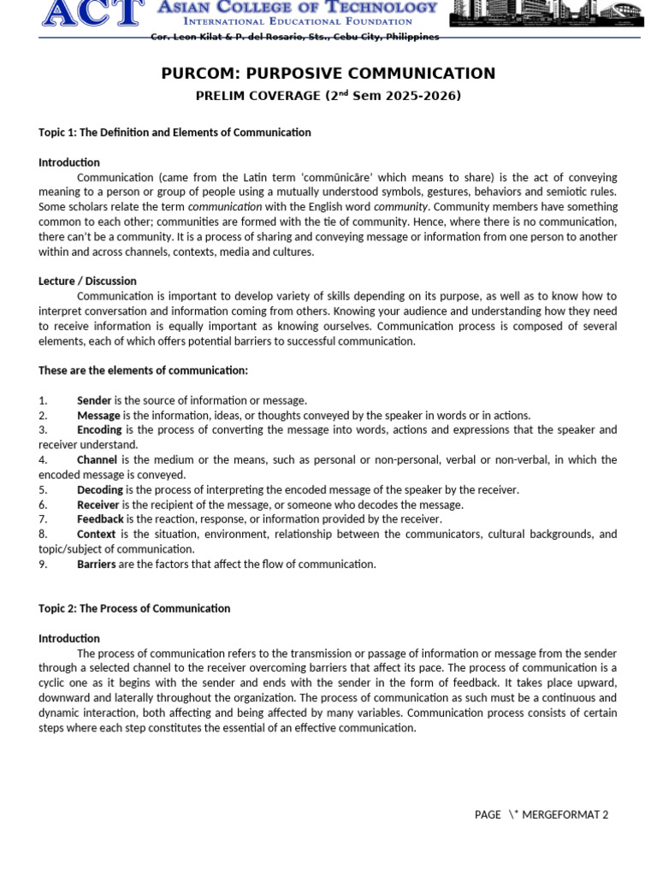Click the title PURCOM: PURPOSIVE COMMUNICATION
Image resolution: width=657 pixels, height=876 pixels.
click(328, 74)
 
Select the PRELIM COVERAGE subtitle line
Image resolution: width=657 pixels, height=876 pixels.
click(328, 96)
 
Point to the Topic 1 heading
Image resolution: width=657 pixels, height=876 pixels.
click(175, 133)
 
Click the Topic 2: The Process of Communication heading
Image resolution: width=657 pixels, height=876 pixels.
click(134, 608)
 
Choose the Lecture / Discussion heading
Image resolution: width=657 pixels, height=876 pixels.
click(87, 281)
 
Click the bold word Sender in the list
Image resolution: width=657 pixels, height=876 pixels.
click(94, 400)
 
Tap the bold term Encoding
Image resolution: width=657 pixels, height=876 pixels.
click(100, 429)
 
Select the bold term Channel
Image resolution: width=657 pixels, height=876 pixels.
click(97, 459)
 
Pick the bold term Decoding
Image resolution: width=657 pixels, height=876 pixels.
click(100, 489)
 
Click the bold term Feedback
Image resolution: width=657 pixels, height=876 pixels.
click(100, 519)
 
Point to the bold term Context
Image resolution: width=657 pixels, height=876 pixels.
click(96, 534)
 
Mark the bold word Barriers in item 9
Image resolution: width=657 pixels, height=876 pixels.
click(97, 564)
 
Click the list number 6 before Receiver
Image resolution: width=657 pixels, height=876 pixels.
click(43, 505)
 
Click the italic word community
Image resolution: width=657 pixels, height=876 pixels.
click(400, 207)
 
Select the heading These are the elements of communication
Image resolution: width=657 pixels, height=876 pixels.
click(143, 370)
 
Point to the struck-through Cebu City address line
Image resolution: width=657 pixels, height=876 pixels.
click(295, 37)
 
